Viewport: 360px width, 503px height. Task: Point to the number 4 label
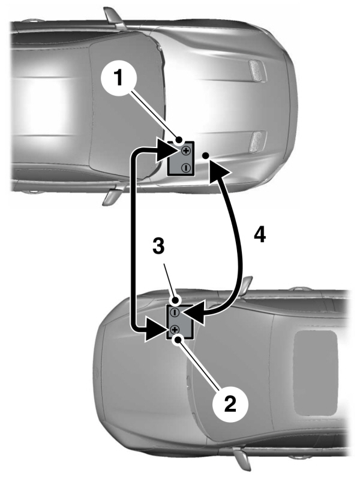[x=259, y=234]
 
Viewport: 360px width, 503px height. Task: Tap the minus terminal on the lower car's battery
[x=175, y=312]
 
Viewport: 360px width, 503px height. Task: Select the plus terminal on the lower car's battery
[x=175, y=329]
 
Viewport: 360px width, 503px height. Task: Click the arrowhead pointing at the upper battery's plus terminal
[x=164, y=153]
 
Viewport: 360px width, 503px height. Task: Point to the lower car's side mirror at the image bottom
[x=242, y=459]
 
